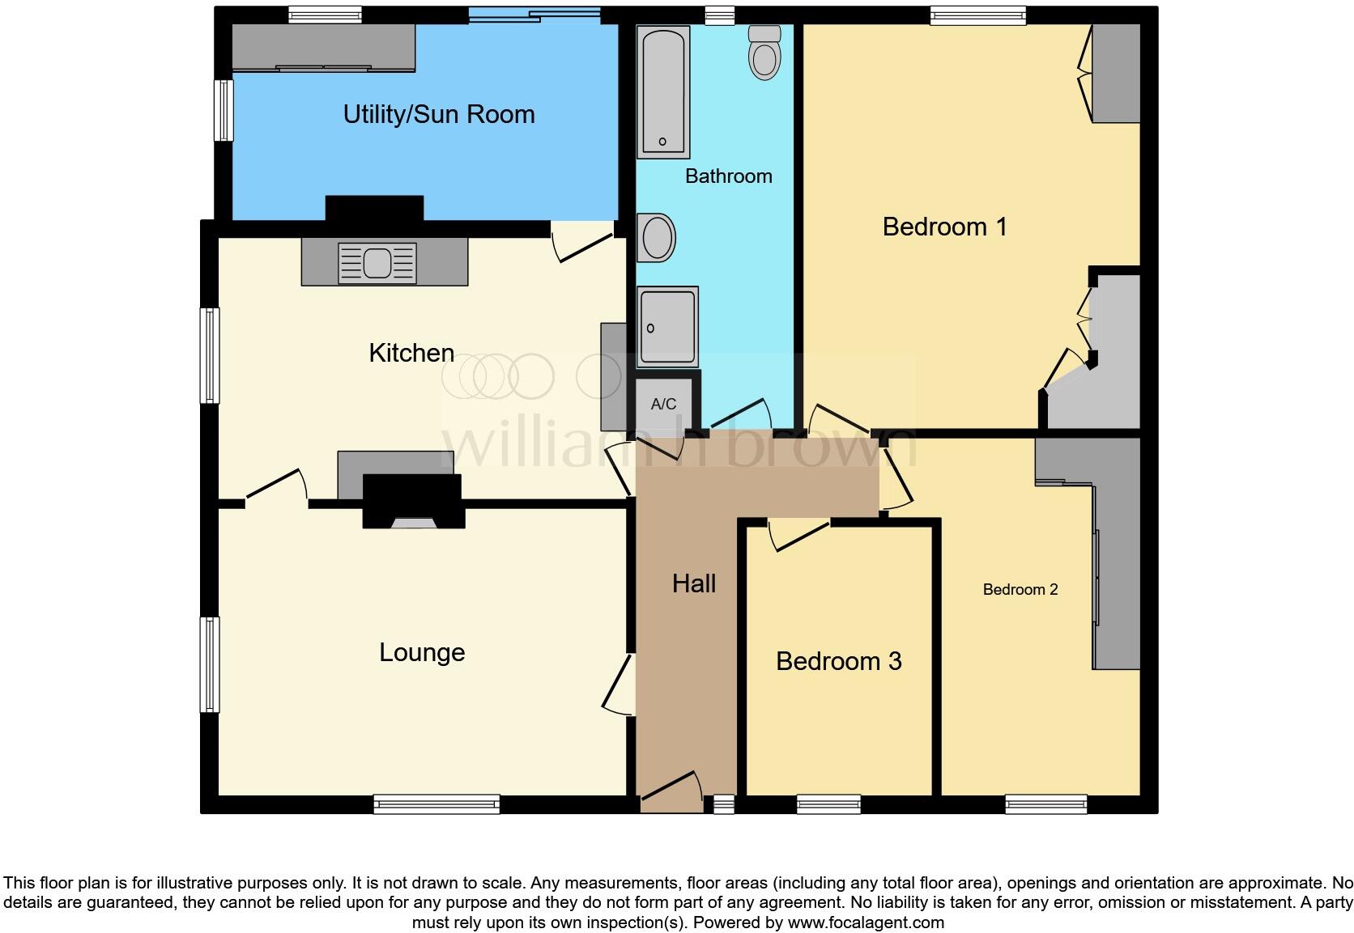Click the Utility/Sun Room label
coord(439,114)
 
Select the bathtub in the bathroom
coord(663,91)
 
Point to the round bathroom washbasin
coord(655,238)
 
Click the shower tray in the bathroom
coord(667,326)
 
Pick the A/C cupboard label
coord(663,404)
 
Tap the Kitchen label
coord(411,353)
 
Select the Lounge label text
coord(422,652)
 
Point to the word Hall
coord(694,583)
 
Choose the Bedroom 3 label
coord(839,661)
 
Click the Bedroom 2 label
coord(1020,589)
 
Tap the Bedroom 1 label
coord(945,227)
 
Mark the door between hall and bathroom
coord(739,413)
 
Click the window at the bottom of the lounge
coord(436,804)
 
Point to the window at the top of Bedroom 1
coord(977,15)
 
